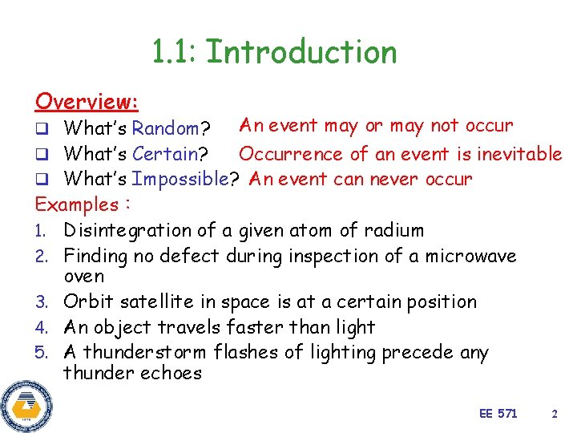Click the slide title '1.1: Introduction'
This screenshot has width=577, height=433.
coord(274,53)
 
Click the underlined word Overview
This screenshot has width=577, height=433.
coord(87,102)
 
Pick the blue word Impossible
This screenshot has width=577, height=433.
coord(180,180)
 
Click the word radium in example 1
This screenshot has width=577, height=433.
coord(393,231)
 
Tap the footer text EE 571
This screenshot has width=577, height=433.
coord(498,413)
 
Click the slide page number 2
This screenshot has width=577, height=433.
coord(554,413)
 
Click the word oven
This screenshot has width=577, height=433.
coord(83,277)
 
